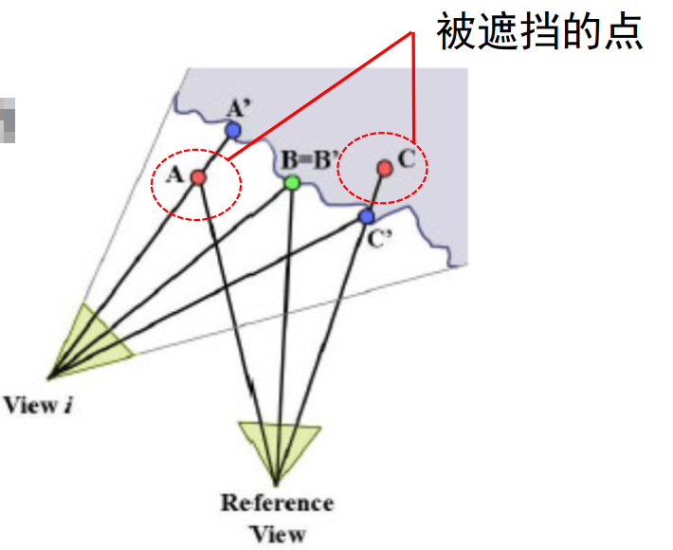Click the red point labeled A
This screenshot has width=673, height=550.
198,176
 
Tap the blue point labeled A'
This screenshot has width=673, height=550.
233,130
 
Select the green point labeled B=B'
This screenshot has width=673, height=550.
292,182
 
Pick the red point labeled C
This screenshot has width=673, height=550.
384,168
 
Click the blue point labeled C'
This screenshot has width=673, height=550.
367,217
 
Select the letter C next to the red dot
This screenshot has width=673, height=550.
407,158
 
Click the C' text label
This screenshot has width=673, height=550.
381,238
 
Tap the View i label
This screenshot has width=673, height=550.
39,407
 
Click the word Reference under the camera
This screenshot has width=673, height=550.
277,502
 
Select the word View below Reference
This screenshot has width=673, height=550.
278,533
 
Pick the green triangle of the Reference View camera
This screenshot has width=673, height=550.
277,445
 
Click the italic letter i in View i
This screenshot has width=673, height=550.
68,407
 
